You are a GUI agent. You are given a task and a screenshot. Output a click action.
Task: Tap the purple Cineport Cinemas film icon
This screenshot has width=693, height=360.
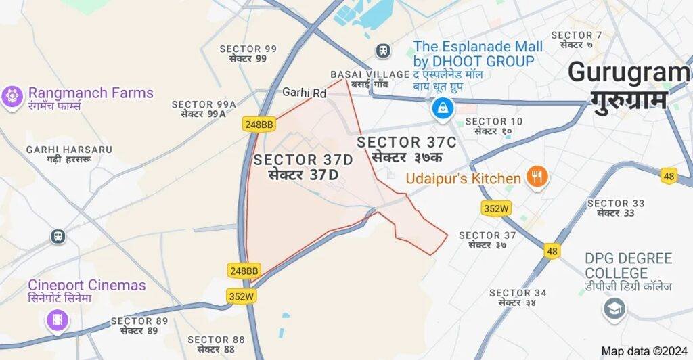click(58, 319)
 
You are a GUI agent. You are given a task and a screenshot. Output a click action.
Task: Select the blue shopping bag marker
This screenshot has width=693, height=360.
click(443, 107)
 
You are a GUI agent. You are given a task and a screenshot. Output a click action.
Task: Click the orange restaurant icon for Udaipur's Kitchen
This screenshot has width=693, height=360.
click(538, 177)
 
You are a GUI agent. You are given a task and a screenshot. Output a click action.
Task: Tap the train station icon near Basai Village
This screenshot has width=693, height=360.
click(383, 51)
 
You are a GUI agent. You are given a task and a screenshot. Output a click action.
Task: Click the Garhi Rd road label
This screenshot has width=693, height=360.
click(304, 92)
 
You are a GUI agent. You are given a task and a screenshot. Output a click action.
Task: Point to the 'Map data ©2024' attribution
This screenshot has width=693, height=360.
click(644, 351)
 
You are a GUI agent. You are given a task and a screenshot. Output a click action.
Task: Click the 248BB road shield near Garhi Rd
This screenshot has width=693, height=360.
click(259, 124)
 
